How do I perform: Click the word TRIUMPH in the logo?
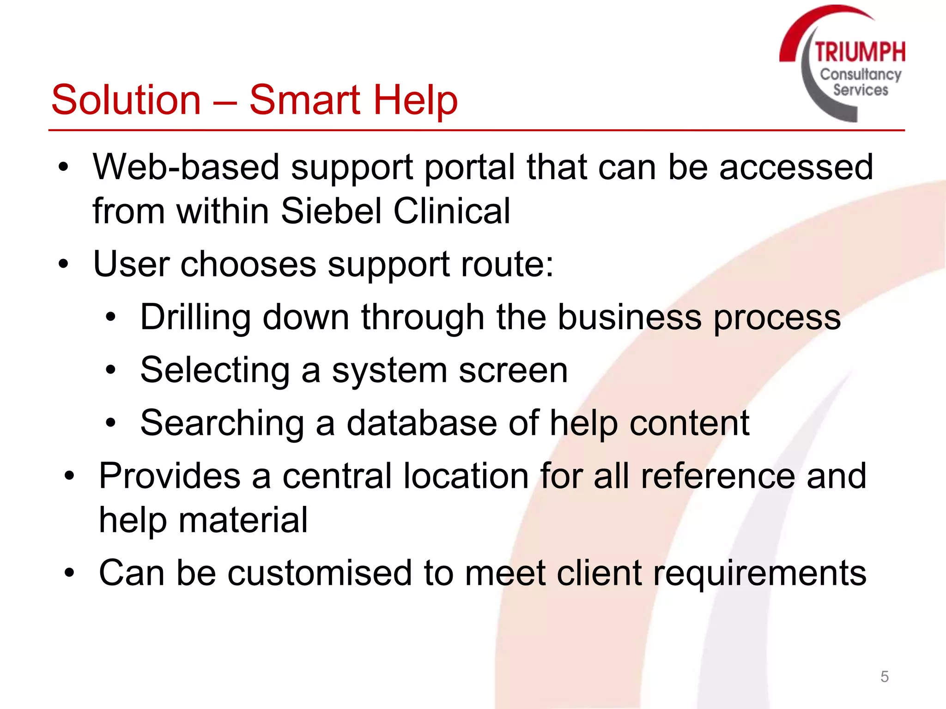pyautogui.click(x=860, y=52)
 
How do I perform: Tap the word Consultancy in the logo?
pyautogui.click(x=861, y=75)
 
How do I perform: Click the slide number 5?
pyautogui.click(x=885, y=677)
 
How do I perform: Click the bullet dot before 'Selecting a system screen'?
pyautogui.click(x=110, y=370)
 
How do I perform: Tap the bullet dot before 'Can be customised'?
pyautogui.click(x=69, y=573)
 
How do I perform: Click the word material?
pyautogui.click(x=243, y=520)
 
